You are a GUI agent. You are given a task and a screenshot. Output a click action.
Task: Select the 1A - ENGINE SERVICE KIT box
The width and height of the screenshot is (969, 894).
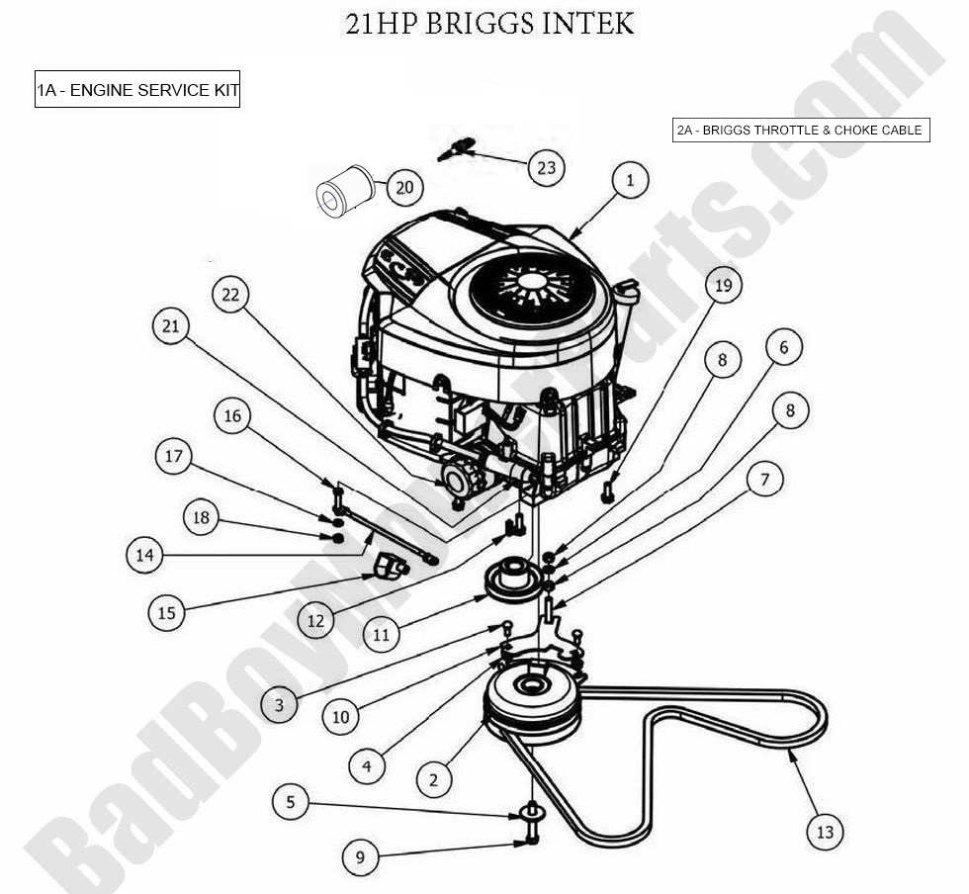(137, 90)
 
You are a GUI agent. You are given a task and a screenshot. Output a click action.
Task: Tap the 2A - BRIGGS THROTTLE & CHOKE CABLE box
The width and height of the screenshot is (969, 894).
(799, 131)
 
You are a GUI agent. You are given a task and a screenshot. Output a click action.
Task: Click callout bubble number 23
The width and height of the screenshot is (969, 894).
(546, 168)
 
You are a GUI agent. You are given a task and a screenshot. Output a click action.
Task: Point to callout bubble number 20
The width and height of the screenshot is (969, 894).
(404, 187)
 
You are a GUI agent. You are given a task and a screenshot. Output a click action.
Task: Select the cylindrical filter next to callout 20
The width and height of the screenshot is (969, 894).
(343, 190)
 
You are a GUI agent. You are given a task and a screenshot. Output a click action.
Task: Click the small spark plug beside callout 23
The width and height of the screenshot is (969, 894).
(456, 148)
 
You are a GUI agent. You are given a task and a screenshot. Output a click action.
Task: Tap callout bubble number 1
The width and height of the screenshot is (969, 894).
(630, 180)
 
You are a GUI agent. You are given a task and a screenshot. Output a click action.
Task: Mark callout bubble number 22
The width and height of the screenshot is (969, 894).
(231, 295)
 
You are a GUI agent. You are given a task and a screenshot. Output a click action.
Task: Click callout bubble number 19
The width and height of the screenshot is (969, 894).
(723, 286)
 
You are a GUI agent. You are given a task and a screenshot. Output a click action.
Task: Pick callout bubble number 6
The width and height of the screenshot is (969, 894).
(784, 347)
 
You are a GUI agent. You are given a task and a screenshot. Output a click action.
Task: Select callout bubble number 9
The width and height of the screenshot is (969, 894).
(361, 856)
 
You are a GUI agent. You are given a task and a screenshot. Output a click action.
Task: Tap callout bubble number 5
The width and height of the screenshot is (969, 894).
(290, 801)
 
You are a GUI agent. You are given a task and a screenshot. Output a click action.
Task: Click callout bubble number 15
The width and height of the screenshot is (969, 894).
(166, 613)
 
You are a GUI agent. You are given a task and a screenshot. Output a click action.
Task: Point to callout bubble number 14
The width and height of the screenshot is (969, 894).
(144, 556)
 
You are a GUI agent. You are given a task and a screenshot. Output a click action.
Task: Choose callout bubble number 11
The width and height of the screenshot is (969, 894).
(382, 635)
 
